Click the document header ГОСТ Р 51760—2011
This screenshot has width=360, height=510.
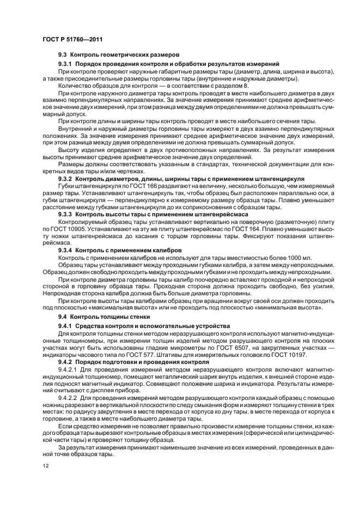(72, 39)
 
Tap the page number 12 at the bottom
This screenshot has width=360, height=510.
(46, 466)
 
